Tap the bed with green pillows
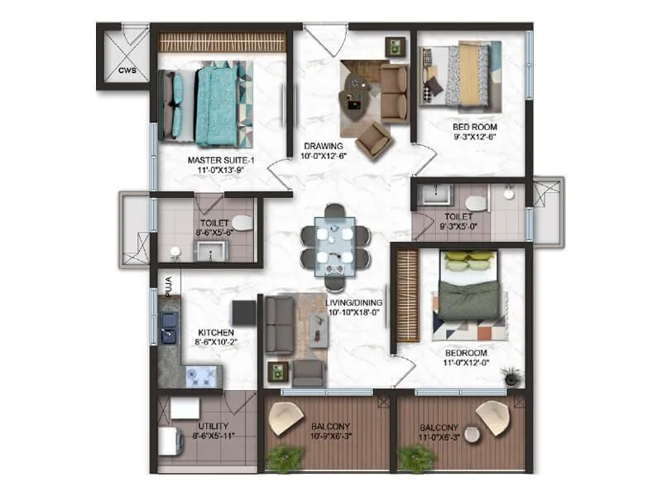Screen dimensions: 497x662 tap(469, 290)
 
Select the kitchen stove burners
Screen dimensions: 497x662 tap(199, 377)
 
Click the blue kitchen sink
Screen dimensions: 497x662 tap(169, 326)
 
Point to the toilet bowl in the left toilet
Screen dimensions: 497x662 tap(242, 221)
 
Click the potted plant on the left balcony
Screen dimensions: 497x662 tap(285, 457)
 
